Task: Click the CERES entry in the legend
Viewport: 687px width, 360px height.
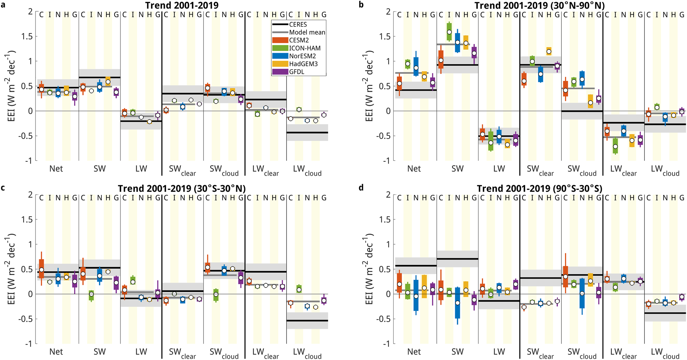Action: (x=298, y=25)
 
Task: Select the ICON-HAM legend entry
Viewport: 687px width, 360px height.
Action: (x=305, y=48)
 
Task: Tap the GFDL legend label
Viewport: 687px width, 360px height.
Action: (x=297, y=72)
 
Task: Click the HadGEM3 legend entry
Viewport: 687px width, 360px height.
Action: (x=303, y=64)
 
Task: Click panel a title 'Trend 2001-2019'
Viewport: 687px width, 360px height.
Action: (x=182, y=5)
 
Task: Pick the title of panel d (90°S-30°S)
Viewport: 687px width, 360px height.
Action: (x=539, y=188)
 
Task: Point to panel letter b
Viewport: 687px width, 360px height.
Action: (x=361, y=5)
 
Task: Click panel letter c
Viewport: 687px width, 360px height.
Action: (x=3, y=188)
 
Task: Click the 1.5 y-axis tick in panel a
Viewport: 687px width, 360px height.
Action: (x=26, y=36)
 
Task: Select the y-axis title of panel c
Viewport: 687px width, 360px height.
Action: (x=11, y=269)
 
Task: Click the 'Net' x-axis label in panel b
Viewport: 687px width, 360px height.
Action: (x=414, y=168)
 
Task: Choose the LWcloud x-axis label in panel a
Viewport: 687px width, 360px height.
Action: (x=307, y=170)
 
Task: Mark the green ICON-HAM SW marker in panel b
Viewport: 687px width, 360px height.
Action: (x=449, y=32)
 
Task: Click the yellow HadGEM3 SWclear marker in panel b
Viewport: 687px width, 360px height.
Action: (x=549, y=51)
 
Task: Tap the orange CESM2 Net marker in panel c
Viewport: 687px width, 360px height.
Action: (x=42, y=270)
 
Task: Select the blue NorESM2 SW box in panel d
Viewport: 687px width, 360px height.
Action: (x=458, y=302)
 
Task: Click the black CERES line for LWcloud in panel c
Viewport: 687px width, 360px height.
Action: (x=307, y=320)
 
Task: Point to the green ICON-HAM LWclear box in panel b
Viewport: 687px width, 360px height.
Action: (x=615, y=146)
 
